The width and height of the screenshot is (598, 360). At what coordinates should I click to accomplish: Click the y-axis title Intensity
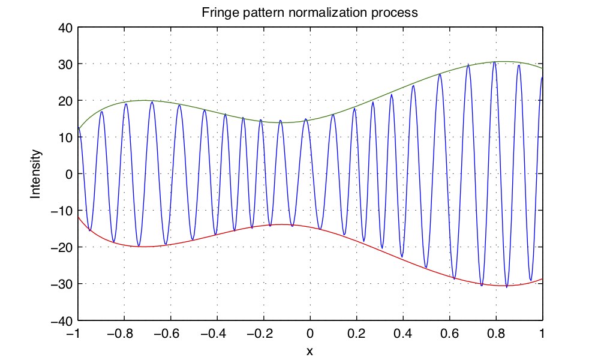37,174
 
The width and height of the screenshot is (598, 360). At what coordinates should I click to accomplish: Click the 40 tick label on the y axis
64,28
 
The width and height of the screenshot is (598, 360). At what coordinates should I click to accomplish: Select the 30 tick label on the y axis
64,64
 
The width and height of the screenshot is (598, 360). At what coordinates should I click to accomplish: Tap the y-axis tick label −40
61,320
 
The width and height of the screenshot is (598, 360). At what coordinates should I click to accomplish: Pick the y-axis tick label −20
61,247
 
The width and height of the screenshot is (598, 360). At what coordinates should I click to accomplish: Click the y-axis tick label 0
67,174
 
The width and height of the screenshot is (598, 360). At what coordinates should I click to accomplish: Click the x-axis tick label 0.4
403,334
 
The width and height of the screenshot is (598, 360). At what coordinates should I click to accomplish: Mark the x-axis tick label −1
75,334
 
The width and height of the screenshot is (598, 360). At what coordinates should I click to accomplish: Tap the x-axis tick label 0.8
496,334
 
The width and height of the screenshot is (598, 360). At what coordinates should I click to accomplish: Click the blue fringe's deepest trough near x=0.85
507,287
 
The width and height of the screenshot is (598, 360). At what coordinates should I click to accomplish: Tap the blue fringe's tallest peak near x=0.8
494,62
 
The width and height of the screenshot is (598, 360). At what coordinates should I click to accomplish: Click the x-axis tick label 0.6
449,334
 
